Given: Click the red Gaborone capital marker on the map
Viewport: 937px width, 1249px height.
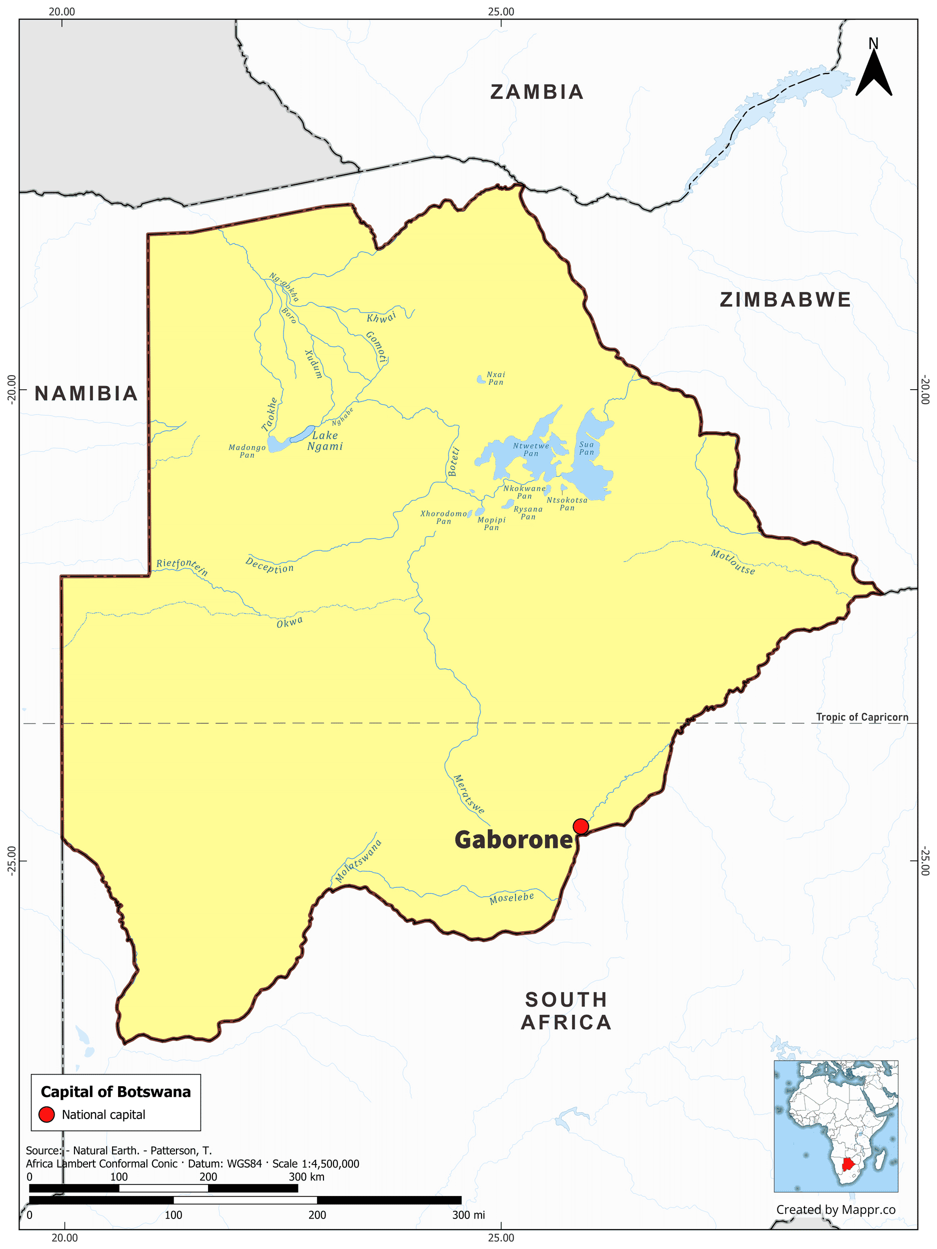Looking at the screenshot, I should pyautogui.click(x=580, y=827).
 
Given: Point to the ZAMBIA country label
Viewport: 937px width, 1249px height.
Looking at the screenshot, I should pyautogui.click(x=536, y=92).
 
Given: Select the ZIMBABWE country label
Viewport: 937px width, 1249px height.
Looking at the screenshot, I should pyautogui.click(x=785, y=300).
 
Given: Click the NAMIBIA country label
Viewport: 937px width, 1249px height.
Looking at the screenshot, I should pyautogui.click(x=86, y=394).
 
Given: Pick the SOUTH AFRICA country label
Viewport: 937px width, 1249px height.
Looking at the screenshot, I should pyautogui.click(x=566, y=1011).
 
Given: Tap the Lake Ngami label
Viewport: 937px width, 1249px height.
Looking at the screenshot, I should pyautogui.click(x=325, y=441).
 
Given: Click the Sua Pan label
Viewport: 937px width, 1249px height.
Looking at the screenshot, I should pyautogui.click(x=586, y=448).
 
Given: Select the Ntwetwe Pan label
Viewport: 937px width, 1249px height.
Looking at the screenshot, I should pyautogui.click(x=530, y=450).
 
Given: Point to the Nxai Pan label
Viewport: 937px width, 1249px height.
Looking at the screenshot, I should pyautogui.click(x=495, y=378).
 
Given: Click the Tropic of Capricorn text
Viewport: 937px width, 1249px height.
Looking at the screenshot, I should pyautogui.click(x=862, y=717).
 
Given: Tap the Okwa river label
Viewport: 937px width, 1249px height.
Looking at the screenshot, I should pyautogui.click(x=289, y=622).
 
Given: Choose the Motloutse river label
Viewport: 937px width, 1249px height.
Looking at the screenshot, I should pyautogui.click(x=732, y=562).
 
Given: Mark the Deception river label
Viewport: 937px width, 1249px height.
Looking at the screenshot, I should pyautogui.click(x=269, y=565).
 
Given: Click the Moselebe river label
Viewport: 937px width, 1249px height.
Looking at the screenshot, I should pyautogui.click(x=511, y=898).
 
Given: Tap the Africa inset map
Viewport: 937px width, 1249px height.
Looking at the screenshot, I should pyautogui.click(x=835, y=1126).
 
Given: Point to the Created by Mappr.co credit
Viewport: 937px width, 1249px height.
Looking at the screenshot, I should pyautogui.click(x=835, y=1210).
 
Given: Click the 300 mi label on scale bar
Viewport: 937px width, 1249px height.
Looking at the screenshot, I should pyautogui.click(x=468, y=1215).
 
